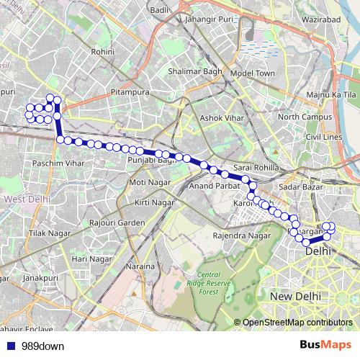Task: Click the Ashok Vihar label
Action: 220,117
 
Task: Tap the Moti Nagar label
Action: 147,183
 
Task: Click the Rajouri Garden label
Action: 117,223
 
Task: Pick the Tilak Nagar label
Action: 48,235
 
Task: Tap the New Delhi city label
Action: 294,296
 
